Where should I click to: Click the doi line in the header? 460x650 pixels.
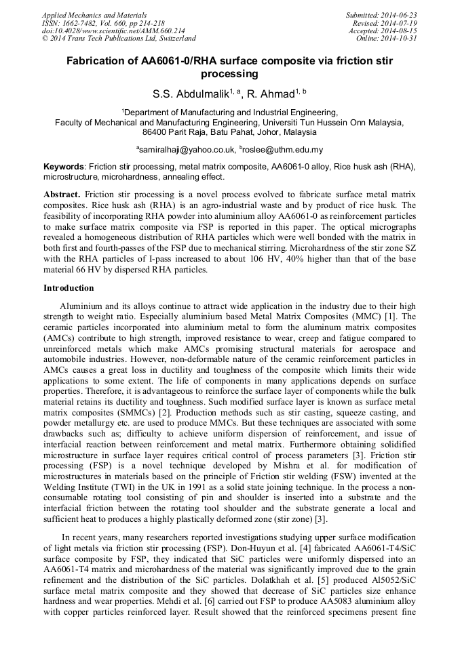tap(104, 31)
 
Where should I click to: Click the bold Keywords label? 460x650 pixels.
tap(64, 167)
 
